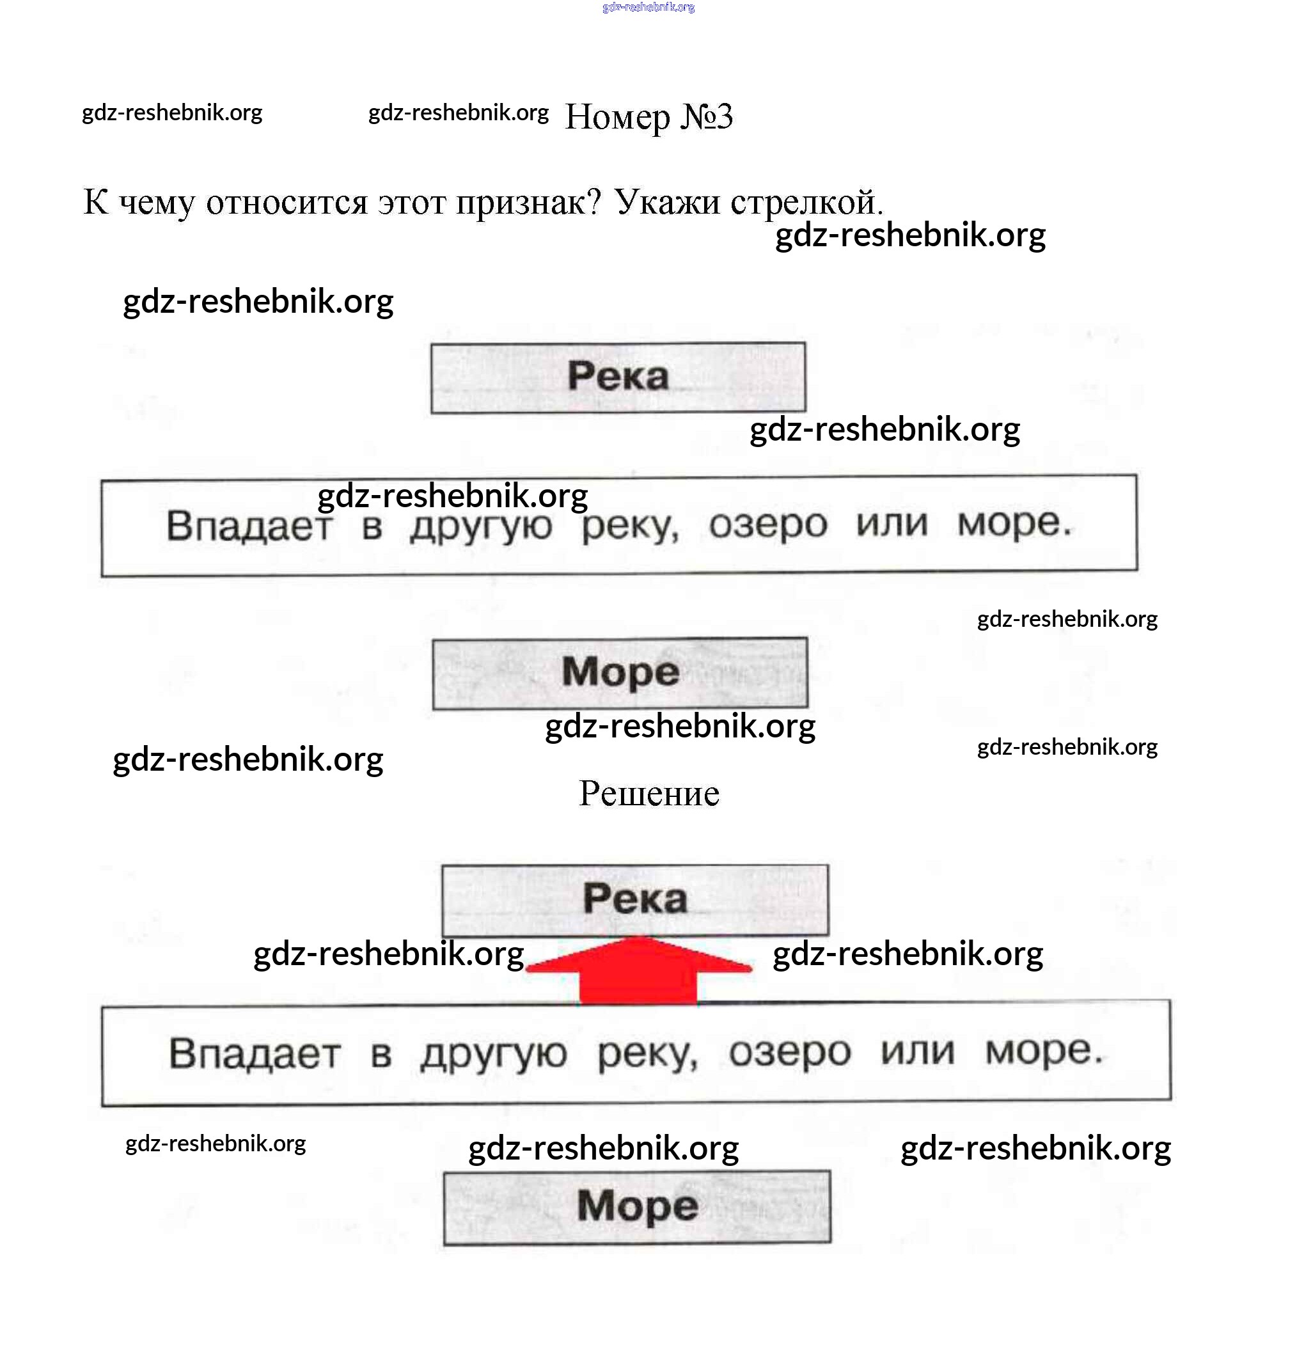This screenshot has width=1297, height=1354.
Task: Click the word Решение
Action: coord(648,793)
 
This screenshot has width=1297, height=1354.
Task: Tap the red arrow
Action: coord(638,971)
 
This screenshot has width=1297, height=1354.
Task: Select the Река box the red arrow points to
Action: coord(634,899)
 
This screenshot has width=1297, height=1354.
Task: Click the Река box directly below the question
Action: coord(617,378)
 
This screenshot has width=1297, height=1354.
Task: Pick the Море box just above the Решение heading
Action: coord(620,673)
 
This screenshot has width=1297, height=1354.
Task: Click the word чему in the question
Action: coord(157,204)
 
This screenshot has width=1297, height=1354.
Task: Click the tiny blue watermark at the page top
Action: coord(648,8)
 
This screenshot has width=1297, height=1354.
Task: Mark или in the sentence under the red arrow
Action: coord(917,1052)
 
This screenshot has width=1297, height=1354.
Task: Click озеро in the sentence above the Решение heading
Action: coord(767,524)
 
